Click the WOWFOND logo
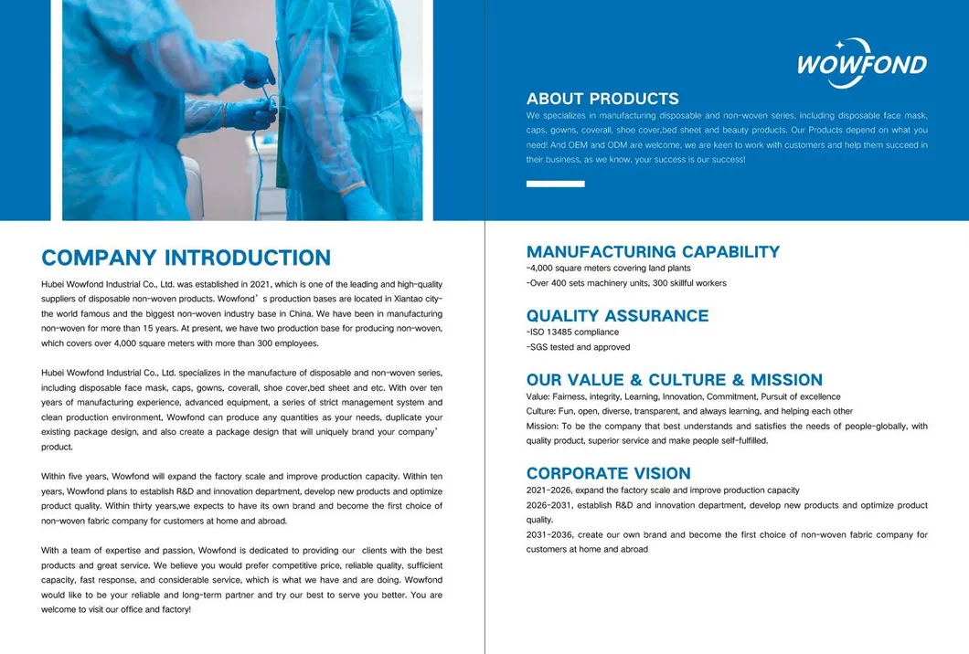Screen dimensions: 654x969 point(862,63)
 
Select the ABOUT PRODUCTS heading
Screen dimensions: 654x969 point(602,99)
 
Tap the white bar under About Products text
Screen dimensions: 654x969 point(555,184)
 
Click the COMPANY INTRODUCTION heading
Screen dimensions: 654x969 point(186,258)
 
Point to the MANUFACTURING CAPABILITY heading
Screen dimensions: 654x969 point(653,251)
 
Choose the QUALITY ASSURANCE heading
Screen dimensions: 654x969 point(617,315)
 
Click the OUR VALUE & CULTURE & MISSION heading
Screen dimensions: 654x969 point(674,379)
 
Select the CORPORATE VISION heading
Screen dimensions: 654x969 point(608,473)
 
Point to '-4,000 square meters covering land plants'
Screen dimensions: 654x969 point(608,269)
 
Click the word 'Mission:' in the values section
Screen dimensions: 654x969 point(542,426)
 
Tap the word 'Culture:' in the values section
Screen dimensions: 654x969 point(541,411)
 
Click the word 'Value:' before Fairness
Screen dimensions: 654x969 point(538,396)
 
